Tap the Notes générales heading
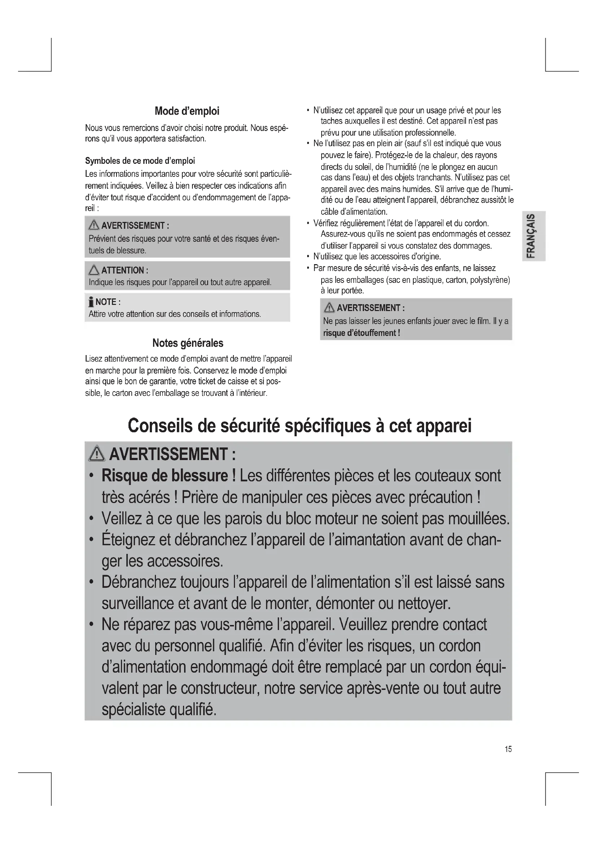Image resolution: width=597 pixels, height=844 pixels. pos(188,343)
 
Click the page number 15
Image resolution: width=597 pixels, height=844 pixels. pos(508,749)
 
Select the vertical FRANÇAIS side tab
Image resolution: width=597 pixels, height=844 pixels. pos(533,236)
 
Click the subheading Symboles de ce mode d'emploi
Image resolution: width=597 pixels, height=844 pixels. pos(140,161)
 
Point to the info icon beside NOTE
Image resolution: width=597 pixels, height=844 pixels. pos(91,302)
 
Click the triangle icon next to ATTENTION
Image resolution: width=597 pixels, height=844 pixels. pos(94,270)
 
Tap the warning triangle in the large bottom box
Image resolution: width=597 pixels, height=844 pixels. pos(97,454)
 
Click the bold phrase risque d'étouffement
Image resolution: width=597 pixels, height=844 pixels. pos(361,333)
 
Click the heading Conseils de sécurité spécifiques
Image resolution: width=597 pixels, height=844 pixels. pos(300,426)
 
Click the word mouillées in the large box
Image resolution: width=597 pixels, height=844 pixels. pos(479,519)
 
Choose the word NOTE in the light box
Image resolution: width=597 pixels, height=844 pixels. pos(106,302)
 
